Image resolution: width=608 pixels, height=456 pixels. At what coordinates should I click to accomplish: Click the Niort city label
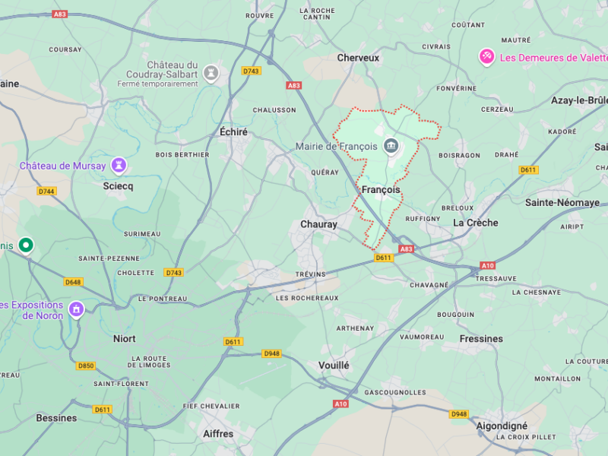(x=124, y=338)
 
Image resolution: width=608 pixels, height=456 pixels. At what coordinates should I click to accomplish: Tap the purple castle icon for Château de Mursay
(x=118, y=165)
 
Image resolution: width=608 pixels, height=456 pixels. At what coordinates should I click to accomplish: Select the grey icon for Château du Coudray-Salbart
(x=211, y=73)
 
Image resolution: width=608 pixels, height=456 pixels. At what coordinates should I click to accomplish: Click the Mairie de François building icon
(x=391, y=146)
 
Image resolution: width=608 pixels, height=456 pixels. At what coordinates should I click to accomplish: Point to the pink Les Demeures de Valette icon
(x=486, y=57)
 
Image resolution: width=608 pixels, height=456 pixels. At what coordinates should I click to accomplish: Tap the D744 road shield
(x=46, y=191)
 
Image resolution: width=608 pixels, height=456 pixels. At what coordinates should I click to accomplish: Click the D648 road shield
(x=73, y=282)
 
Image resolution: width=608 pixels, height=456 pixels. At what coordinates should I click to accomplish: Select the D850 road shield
(x=86, y=366)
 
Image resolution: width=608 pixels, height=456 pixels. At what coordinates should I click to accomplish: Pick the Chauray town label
(x=318, y=224)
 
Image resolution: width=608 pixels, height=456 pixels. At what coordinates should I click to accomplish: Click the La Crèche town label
(x=476, y=223)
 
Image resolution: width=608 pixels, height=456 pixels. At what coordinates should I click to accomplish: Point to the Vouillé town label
(x=334, y=365)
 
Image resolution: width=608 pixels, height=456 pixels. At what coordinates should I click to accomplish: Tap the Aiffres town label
(x=218, y=433)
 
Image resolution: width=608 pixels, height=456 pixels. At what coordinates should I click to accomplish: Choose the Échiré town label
(x=233, y=131)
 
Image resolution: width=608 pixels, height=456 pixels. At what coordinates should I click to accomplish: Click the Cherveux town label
(x=358, y=57)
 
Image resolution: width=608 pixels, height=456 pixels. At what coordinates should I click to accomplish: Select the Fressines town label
(x=481, y=338)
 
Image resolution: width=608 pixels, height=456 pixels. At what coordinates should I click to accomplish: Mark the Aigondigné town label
(x=502, y=426)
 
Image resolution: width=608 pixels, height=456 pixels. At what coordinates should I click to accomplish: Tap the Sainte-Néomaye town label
(x=562, y=202)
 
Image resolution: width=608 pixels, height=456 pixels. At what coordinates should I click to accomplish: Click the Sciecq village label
(x=118, y=185)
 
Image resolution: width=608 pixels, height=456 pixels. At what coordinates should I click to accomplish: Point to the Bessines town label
(x=56, y=417)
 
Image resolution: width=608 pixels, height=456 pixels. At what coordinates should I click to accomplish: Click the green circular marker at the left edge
(x=27, y=245)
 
